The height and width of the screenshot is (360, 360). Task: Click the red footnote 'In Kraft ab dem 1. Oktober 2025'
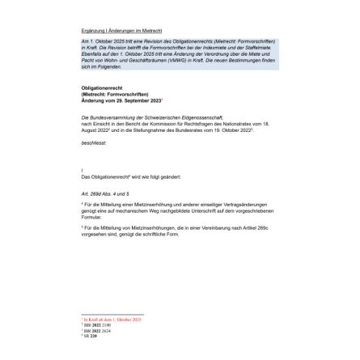tap(112, 319)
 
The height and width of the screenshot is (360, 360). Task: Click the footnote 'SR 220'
tap(91, 334)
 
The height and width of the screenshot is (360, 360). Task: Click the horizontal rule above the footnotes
tap(112, 315)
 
